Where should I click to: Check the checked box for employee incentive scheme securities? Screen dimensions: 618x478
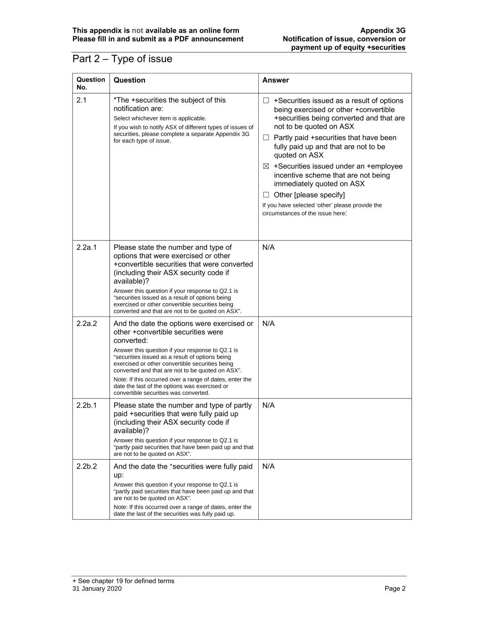coord(266,167)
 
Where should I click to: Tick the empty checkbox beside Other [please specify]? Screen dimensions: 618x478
coord(266,195)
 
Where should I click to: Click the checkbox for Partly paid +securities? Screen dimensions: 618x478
coord(266,138)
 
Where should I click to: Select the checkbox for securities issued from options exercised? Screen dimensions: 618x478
coord(266,101)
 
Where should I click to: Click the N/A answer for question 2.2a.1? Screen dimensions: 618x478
coord(268,248)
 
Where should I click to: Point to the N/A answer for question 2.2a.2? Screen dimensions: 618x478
coord(268,324)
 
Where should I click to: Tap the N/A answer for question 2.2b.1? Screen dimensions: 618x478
coord(268,406)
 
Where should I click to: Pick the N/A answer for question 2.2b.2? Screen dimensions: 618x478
coord(268,467)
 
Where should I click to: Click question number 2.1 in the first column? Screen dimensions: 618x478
coord(82,101)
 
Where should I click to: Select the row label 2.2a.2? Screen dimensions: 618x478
coord(87,324)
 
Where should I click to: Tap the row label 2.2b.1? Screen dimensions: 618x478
coord(87,406)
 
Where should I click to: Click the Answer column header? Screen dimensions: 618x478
coord(275,81)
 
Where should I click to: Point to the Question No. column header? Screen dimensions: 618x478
coord(91,83)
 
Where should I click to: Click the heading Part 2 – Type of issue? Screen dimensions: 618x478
coord(122,59)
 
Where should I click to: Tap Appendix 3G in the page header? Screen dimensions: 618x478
coord(383,31)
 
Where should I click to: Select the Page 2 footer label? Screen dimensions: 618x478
coord(395,589)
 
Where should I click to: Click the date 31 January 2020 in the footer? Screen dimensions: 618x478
coord(97,589)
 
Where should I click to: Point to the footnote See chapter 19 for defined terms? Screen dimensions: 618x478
coord(123,581)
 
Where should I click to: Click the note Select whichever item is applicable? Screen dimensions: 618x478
coord(159,119)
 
